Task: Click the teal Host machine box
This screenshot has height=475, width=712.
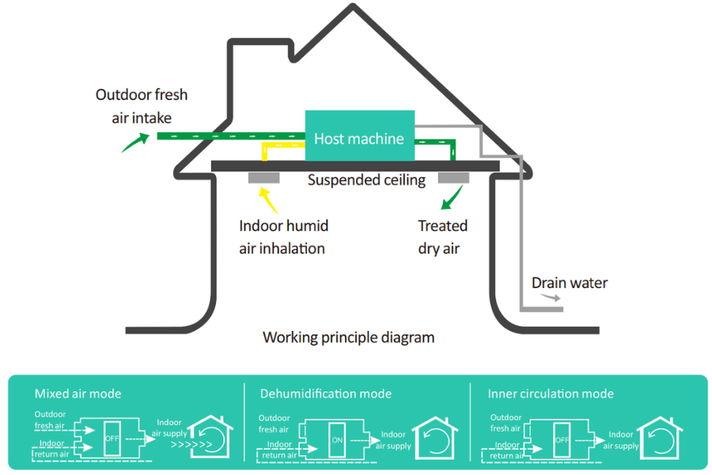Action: [x=359, y=138]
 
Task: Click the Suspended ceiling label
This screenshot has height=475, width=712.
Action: [x=366, y=180]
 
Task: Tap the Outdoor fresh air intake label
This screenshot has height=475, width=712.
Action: [x=142, y=106]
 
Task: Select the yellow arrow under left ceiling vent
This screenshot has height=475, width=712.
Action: [x=269, y=199]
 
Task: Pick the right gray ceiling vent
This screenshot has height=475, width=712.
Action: [x=453, y=177]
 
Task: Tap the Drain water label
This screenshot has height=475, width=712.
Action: [x=570, y=283]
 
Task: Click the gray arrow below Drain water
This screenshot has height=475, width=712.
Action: [x=552, y=298]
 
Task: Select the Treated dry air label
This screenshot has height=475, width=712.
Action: [x=442, y=237]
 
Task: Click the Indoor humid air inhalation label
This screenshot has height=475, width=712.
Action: [x=283, y=237]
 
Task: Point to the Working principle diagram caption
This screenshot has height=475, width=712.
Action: [x=348, y=337]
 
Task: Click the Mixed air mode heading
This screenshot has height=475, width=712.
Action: [x=78, y=393]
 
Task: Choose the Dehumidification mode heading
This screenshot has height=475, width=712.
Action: [x=326, y=393]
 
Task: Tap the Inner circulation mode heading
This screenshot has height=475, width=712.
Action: [x=551, y=393]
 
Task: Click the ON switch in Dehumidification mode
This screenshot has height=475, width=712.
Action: [x=337, y=439]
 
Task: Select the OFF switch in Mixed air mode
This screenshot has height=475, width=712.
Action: [x=112, y=438]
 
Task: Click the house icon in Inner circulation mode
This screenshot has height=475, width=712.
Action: [x=659, y=438]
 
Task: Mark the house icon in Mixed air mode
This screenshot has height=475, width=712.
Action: [x=211, y=438]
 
